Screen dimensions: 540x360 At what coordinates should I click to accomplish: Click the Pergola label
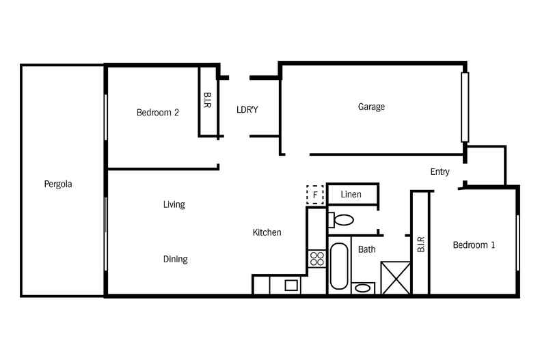[x=58, y=184]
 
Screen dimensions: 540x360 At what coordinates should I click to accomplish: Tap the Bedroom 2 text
[x=158, y=112]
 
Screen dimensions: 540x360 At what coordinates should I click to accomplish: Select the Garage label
[x=371, y=107]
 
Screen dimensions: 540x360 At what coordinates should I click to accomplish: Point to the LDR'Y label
[x=247, y=110]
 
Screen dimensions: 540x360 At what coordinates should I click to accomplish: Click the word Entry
[x=440, y=171]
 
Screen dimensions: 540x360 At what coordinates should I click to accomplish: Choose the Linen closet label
[x=351, y=194]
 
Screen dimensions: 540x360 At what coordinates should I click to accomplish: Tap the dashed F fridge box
[x=314, y=195]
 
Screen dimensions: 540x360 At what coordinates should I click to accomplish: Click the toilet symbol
[x=341, y=220]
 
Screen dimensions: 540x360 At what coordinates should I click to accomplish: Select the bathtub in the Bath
[x=339, y=266]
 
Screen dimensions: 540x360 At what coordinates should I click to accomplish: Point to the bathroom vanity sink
[x=363, y=288]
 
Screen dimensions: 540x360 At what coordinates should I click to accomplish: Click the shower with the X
[x=396, y=278]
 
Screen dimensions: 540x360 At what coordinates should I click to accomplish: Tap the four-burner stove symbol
[x=317, y=258]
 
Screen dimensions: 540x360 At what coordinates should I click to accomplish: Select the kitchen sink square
[x=291, y=286]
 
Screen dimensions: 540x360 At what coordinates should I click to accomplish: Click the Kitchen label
[x=267, y=232]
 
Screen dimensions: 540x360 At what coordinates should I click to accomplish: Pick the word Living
[x=174, y=204]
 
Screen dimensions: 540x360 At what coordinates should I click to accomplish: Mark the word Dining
[x=175, y=259]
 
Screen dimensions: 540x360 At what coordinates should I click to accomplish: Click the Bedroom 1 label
[x=474, y=245]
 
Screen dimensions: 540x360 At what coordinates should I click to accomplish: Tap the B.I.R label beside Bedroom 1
[x=420, y=245]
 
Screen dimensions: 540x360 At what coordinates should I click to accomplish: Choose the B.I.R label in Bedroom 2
[x=207, y=100]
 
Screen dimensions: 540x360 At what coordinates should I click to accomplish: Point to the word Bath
[x=367, y=249]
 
